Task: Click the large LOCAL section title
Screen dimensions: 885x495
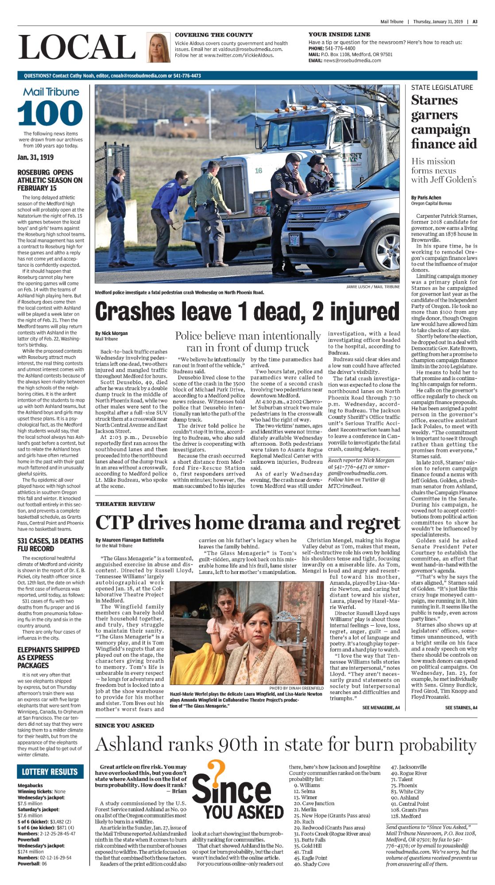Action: coord(77,47)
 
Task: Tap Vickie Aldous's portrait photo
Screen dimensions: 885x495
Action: coord(158,47)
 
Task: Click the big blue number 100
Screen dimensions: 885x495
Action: coord(50,113)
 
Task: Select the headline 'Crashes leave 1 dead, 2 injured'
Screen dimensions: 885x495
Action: coord(247,312)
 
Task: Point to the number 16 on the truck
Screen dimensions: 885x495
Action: coord(258,170)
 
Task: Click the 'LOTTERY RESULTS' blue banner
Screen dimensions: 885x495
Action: coord(50,772)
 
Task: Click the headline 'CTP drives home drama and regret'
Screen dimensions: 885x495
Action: coord(247,523)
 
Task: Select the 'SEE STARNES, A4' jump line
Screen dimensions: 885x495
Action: coord(461,708)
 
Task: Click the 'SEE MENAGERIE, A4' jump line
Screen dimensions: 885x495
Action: coord(381,708)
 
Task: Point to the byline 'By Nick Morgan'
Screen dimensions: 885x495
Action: coord(111,333)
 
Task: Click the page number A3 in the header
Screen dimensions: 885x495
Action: coord(475,22)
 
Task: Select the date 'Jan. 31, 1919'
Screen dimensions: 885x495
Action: coord(35,157)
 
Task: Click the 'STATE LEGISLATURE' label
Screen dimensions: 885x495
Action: coord(442,88)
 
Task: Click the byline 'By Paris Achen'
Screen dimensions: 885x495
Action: coord(426,198)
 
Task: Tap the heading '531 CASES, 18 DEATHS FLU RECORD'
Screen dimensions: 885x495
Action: coord(50,545)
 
